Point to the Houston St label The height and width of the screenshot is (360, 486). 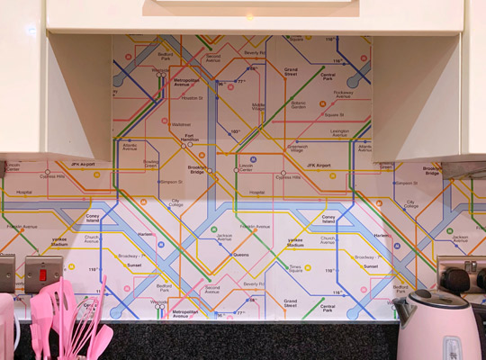point(193,98)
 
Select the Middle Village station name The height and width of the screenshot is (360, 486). point(257,106)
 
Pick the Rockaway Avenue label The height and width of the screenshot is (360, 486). point(344,93)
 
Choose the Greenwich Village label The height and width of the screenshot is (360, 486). point(297,148)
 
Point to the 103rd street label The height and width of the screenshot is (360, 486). point(235,131)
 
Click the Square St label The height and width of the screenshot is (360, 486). point(334,115)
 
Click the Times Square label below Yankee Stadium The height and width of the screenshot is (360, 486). point(296,268)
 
